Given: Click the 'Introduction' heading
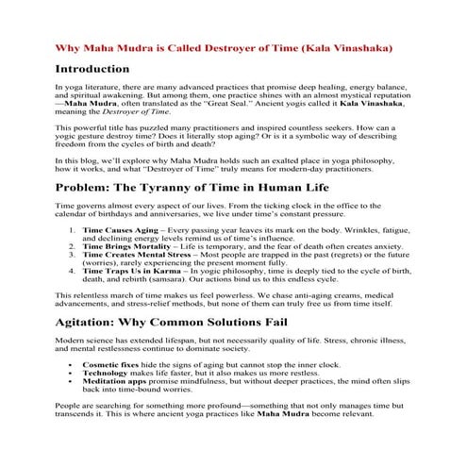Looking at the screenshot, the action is coord(92,70).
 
